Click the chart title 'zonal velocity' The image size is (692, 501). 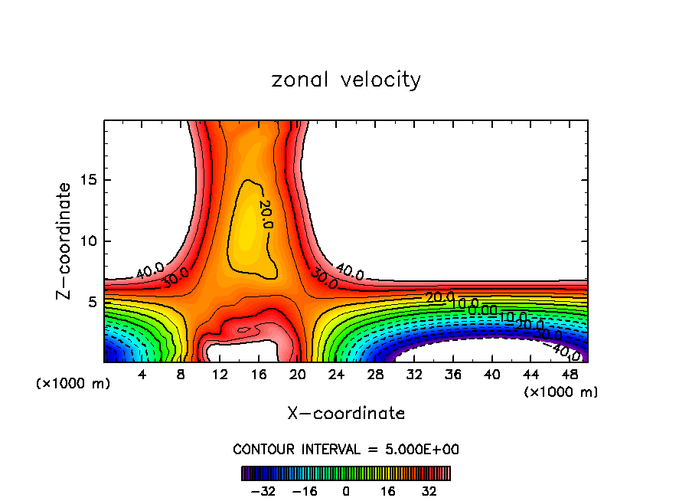[x=346, y=80]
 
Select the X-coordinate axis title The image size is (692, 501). [x=346, y=414]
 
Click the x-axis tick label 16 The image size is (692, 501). [x=259, y=375]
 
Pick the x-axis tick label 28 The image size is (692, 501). [x=375, y=375]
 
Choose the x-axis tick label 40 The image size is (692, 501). [x=491, y=375]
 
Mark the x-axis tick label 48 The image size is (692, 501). [x=569, y=375]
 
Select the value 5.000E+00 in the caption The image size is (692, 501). [x=420, y=449]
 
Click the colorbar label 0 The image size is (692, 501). [x=346, y=490]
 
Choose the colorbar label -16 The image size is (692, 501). [x=305, y=490]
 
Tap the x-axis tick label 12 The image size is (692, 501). [x=220, y=375]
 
